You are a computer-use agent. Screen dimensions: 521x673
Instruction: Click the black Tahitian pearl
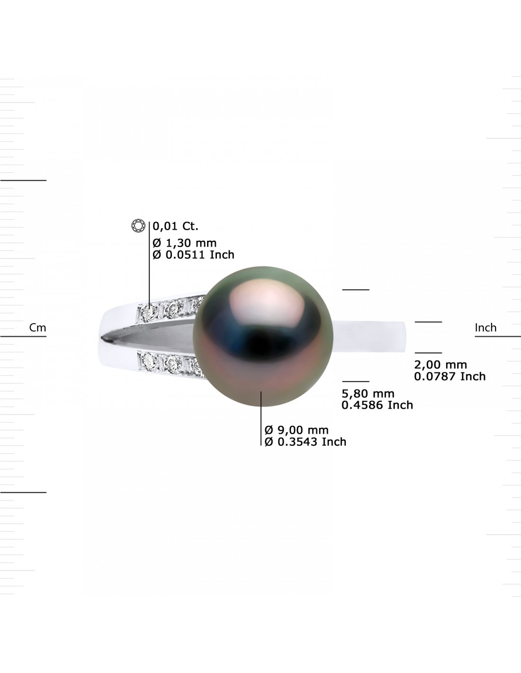point(263,336)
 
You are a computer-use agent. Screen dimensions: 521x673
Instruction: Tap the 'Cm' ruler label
point(37,328)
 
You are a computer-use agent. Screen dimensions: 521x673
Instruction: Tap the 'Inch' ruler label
point(485,328)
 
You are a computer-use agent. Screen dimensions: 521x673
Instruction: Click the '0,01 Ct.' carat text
point(175,226)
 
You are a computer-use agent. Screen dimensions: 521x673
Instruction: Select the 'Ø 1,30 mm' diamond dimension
point(184,243)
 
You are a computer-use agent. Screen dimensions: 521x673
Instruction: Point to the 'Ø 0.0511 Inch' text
point(193,255)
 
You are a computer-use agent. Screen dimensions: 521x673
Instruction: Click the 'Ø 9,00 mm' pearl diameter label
point(296,430)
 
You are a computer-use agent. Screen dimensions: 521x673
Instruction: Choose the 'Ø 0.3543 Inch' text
point(305,442)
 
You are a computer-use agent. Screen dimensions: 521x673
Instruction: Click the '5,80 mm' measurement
point(368,394)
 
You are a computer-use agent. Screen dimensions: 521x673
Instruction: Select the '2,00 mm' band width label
point(440,364)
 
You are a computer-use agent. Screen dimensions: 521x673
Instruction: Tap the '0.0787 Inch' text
point(449,376)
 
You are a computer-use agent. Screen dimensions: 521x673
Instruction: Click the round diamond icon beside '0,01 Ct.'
point(138,225)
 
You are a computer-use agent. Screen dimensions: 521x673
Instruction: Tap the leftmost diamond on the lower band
point(149,360)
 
